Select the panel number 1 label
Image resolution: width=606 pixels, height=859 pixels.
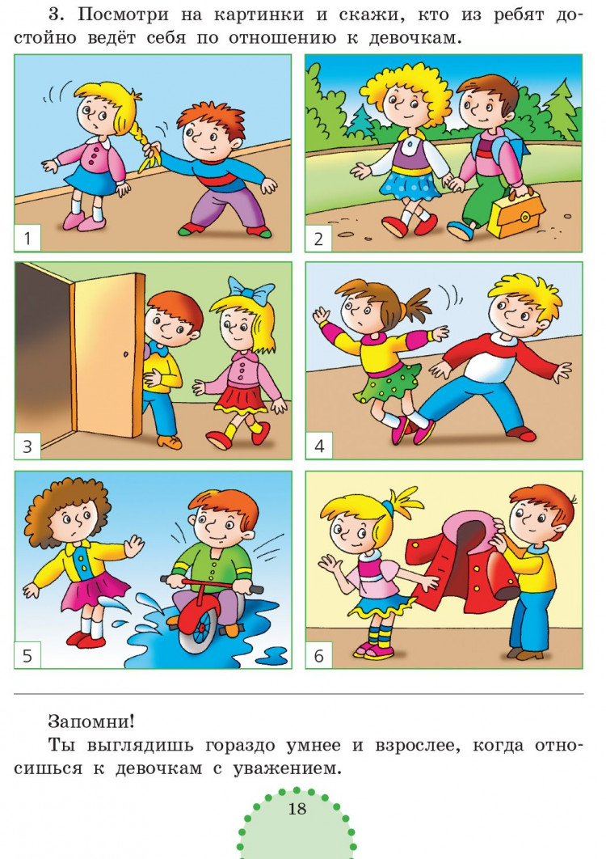click(27, 238)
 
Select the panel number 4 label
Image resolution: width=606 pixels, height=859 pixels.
click(319, 446)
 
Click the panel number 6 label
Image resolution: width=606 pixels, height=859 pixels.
click(319, 655)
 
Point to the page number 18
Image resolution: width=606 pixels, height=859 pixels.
click(297, 808)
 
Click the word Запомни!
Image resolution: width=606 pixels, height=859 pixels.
click(90, 721)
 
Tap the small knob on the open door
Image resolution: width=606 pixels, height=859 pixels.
click(126, 355)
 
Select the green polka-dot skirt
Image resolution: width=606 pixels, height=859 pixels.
click(386, 384)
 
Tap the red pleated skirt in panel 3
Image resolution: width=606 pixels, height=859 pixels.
click(242, 400)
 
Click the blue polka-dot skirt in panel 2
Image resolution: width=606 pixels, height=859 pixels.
click(410, 184)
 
